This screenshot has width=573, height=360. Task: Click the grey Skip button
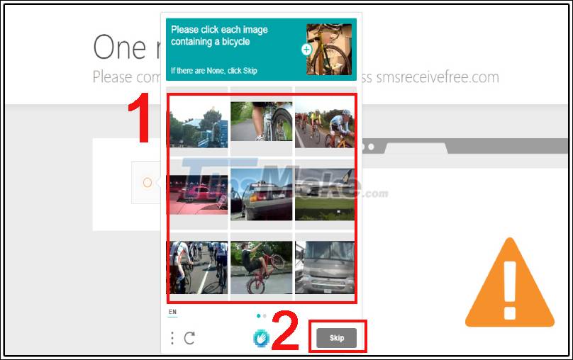(x=337, y=338)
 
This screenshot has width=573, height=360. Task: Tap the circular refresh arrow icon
(x=189, y=338)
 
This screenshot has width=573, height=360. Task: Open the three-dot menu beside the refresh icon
(x=172, y=338)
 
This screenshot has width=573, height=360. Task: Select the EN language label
(x=172, y=312)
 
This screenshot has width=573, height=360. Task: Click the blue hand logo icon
(x=261, y=338)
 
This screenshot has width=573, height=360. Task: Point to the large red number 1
(x=139, y=120)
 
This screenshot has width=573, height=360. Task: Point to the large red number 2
(x=286, y=333)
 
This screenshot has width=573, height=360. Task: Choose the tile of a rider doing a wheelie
(x=261, y=266)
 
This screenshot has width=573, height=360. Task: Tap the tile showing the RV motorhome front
(x=325, y=266)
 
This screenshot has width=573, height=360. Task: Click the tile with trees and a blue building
(x=198, y=122)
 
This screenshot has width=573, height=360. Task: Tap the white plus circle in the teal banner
(x=306, y=50)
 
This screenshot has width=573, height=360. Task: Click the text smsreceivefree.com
(x=437, y=77)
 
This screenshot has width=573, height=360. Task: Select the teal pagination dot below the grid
(x=257, y=315)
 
